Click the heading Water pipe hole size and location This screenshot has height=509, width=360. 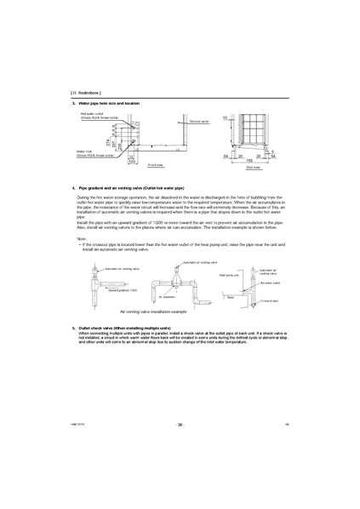pyautogui.click(x=111, y=102)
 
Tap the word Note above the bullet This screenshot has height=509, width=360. pyautogui.click(x=82, y=240)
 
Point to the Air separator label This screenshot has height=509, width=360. pyautogui.click(x=166, y=298)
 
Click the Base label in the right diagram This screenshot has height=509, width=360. pyautogui.click(x=231, y=297)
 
